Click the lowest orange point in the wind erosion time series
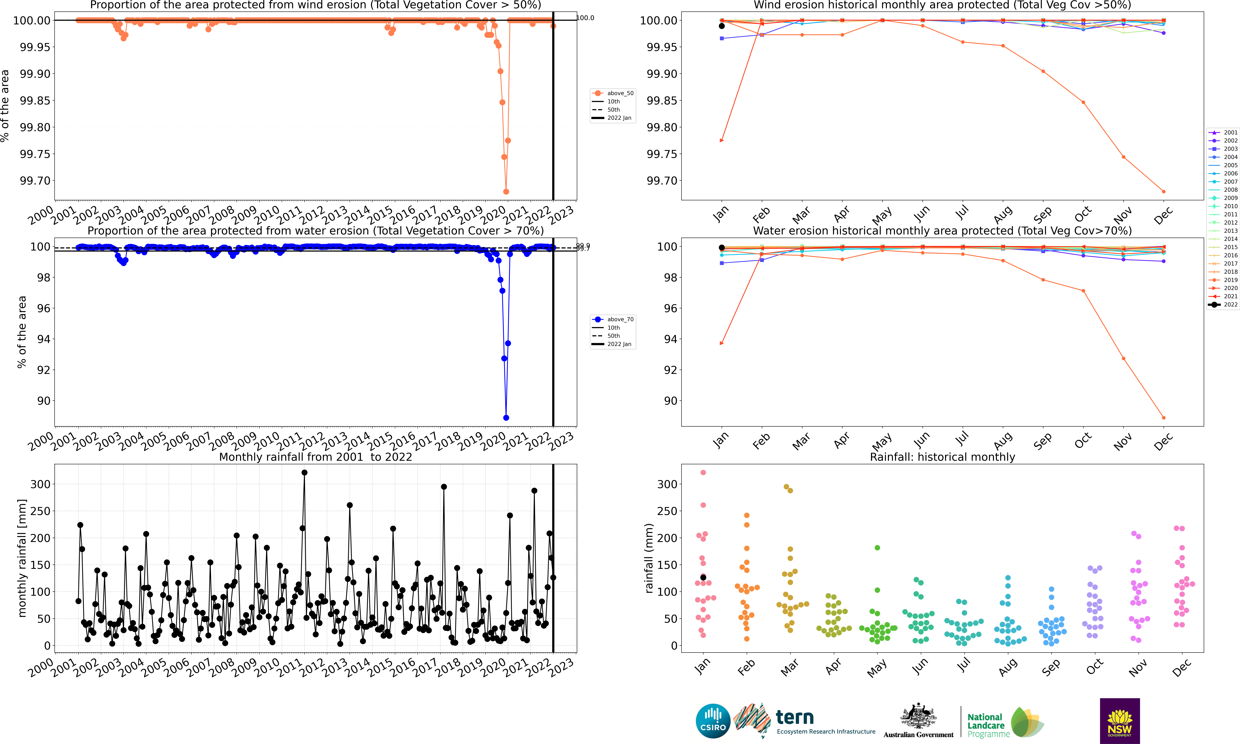506,192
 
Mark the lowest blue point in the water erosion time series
506,418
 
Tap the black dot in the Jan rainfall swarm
703,578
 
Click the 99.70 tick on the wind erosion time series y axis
35,180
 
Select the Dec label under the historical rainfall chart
1181,667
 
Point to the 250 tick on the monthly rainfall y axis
41,511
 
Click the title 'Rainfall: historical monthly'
942,457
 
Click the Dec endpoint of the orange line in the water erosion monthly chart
1163,418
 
